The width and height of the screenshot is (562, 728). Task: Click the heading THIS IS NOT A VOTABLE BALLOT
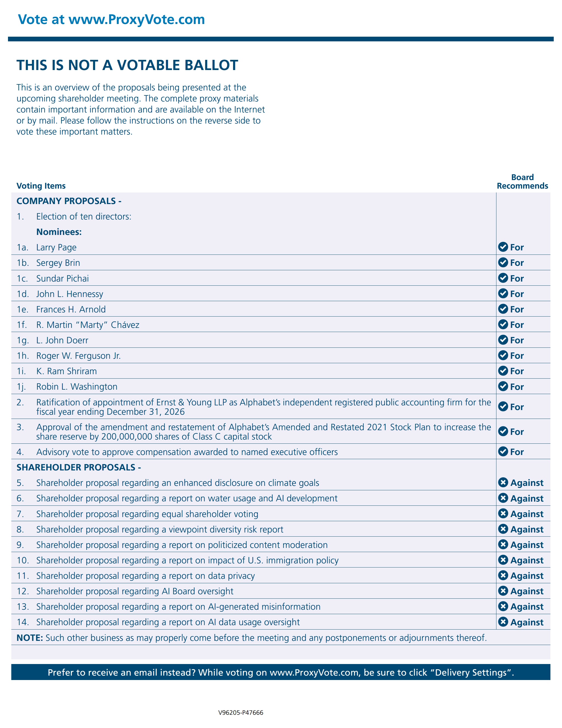pos(127,65)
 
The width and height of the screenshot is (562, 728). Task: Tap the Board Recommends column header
pos(522,182)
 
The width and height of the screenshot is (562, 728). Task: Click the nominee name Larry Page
pos(56,247)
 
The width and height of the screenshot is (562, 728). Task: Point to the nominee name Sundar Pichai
pos(62,278)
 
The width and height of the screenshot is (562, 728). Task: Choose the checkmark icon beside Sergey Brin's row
pos(503,263)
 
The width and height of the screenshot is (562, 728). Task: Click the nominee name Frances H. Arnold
pos(71,309)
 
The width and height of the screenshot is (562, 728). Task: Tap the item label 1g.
pos(22,340)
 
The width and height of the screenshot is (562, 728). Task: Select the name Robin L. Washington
pos(77,387)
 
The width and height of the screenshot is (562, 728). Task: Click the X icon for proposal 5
pos(503,482)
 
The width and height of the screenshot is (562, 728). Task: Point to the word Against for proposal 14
pos(527,622)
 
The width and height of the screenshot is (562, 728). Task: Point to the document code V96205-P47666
pos(241,713)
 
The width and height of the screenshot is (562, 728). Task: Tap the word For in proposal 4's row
pos(517,452)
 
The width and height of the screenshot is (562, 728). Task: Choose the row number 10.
pos(22,560)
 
